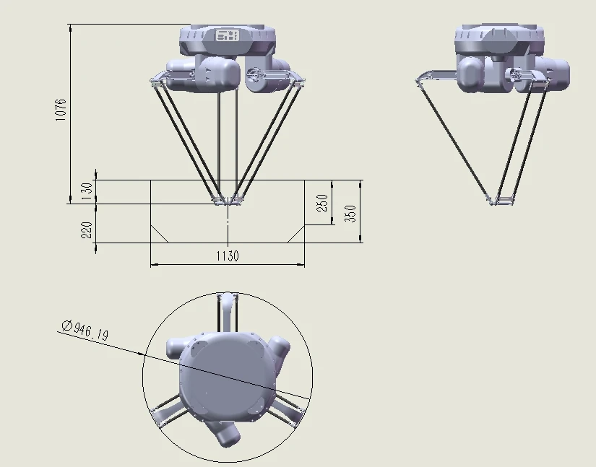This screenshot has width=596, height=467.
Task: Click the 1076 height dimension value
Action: pyautogui.click(x=61, y=110)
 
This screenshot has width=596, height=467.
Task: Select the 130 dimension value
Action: pyautogui.click(x=87, y=191)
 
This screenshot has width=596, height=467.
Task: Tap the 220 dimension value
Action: pyautogui.click(x=87, y=230)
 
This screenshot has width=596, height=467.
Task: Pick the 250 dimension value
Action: pyautogui.click(x=322, y=203)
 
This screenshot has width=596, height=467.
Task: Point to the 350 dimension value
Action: pyautogui.click(x=350, y=214)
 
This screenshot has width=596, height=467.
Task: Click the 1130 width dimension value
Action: pyautogui.click(x=228, y=256)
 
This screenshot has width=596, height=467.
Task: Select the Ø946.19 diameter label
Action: pyautogui.click(x=85, y=331)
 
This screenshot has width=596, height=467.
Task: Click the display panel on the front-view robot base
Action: pyautogui.click(x=228, y=35)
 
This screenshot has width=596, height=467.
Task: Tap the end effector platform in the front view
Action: pyautogui.click(x=228, y=200)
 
